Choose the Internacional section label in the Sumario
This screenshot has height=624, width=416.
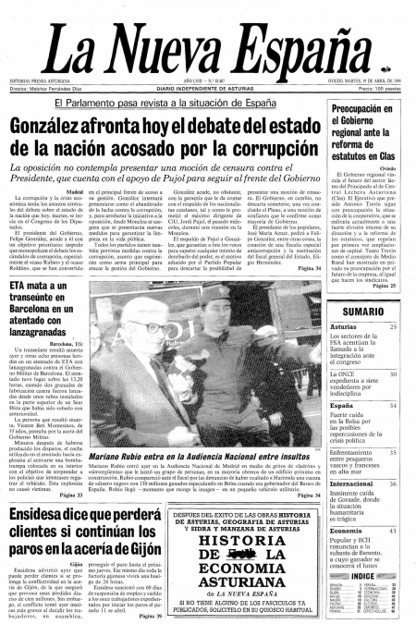click(351, 483)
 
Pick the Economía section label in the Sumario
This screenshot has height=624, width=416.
click(346, 531)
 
